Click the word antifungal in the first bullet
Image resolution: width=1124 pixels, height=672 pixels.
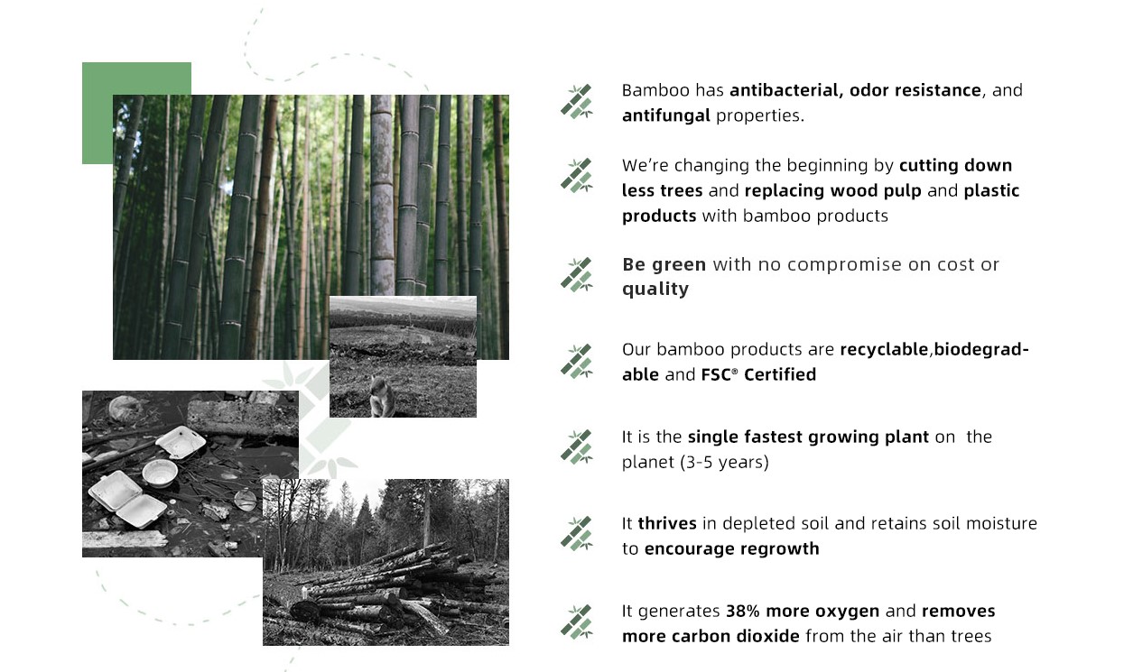click(x=666, y=115)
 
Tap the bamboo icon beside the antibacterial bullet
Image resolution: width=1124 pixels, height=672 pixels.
click(x=577, y=101)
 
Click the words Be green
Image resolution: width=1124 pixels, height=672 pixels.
click(x=664, y=264)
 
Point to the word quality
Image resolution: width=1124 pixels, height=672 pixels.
click(x=655, y=290)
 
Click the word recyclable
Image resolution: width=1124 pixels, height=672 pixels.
click(x=884, y=349)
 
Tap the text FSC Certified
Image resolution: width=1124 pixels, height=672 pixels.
click(x=758, y=374)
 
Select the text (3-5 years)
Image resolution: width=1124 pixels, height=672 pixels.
click(x=724, y=462)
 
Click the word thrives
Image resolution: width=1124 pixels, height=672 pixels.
click(x=667, y=523)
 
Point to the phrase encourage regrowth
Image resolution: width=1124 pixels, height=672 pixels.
click(x=731, y=548)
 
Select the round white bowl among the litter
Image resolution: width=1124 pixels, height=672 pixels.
click(x=160, y=474)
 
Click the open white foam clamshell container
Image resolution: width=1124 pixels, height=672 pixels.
click(x=127, y=500)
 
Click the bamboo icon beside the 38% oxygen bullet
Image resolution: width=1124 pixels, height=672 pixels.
click(x=577, y=621)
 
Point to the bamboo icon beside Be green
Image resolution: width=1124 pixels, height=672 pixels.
click(x=577, y=275)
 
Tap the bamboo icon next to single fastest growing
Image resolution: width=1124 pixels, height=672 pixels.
click(x=577, y=447)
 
